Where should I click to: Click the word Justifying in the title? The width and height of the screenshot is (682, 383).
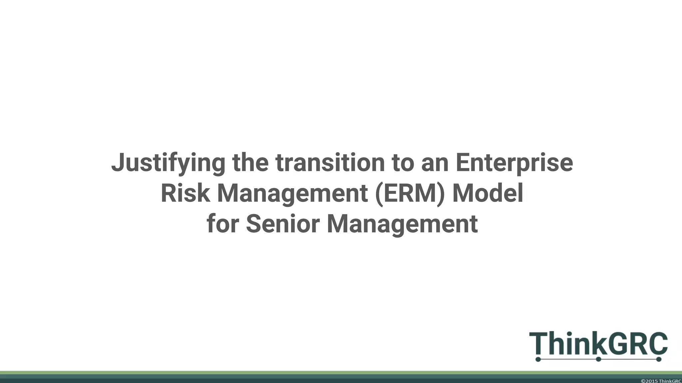(168, 163)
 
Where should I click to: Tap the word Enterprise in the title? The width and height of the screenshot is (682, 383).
(514, 163)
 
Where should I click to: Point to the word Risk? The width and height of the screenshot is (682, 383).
(185, 193)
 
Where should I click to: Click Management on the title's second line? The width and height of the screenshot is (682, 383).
(292, 193)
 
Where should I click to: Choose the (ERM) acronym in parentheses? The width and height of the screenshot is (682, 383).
(410, 193)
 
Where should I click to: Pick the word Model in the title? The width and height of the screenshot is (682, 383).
(488, 193)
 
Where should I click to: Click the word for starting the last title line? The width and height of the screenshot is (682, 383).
(222, 224)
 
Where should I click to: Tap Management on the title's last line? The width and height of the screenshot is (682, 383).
(402, 224)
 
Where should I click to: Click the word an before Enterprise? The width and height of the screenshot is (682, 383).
(435, 163)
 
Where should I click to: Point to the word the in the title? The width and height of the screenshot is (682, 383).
(250, 163)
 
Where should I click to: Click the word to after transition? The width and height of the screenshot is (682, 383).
(403, 163)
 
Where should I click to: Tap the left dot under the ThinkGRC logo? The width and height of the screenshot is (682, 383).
(538, 359)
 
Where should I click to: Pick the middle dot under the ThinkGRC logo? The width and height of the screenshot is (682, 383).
(598, 359)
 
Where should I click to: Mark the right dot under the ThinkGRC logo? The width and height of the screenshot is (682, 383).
(658, 359)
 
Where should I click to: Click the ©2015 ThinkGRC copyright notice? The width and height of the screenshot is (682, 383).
(661, 381)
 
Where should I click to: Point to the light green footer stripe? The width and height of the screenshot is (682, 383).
(333, 373)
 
